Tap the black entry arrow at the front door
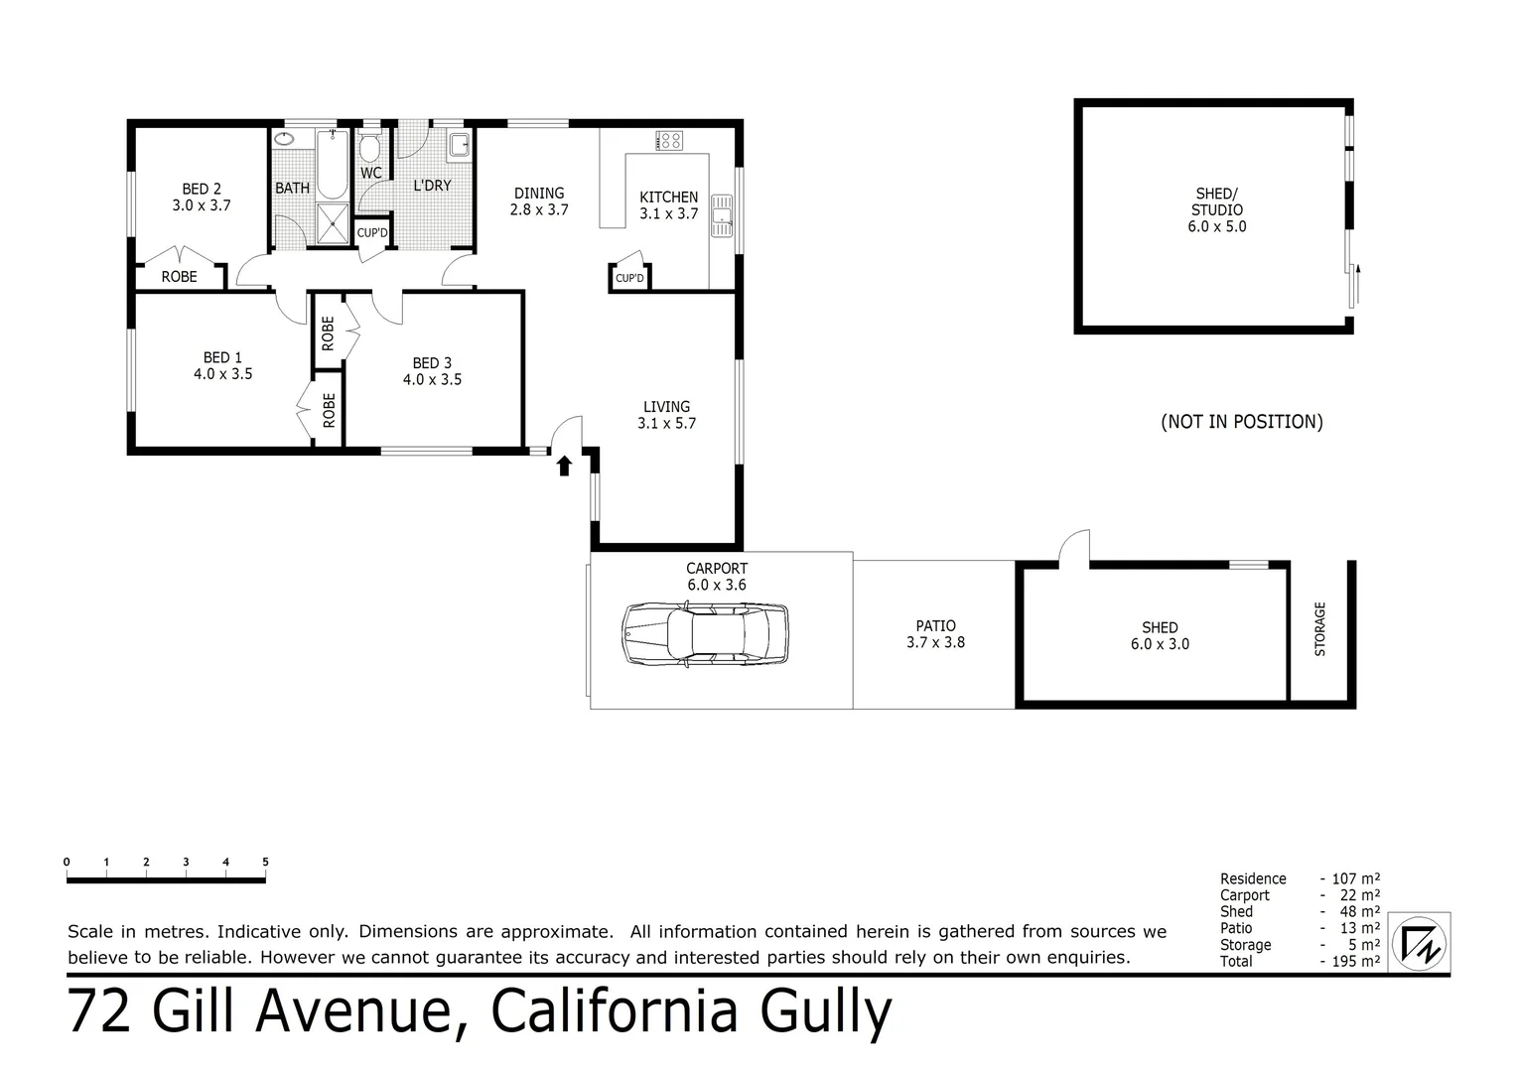[564, 465]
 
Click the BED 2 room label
[202, 197]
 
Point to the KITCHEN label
[668, 198]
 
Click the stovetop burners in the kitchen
[669, 141]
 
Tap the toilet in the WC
[369, 149]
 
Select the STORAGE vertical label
[1320, 628]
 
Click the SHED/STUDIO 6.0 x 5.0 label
[1217, 209]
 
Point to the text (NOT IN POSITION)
[1241, 422]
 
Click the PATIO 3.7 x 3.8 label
[935, 633]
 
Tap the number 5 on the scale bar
[265, 863]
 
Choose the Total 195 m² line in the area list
[1299, 961]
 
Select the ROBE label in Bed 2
[179, 277]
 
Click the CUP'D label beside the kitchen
[629, 279]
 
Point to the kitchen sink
[721, 217]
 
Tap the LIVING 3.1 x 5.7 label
[666, 414]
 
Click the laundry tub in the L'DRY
[460, 146]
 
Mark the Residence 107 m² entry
[1299, 878]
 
